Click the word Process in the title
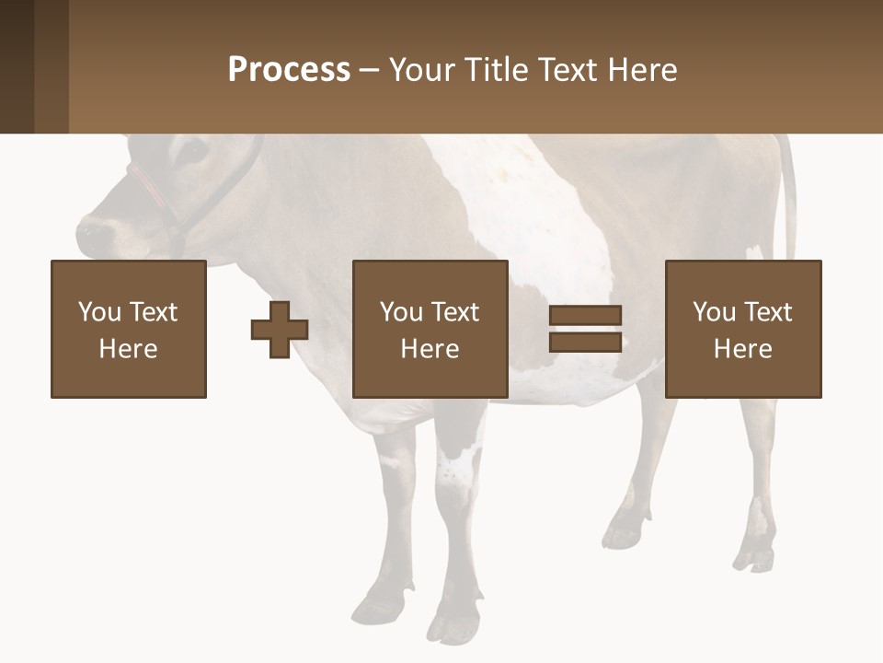pos(289,70)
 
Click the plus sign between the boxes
pos(280,330)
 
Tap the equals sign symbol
pos(585,329)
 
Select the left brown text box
pos(129,329)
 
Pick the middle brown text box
pos(430,329)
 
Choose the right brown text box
pos(743,329)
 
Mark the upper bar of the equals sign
pos(585,316)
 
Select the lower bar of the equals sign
pos(585,342)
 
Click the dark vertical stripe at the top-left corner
pos(17,66)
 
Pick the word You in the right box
pos(714,312)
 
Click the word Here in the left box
pos(129,349)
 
